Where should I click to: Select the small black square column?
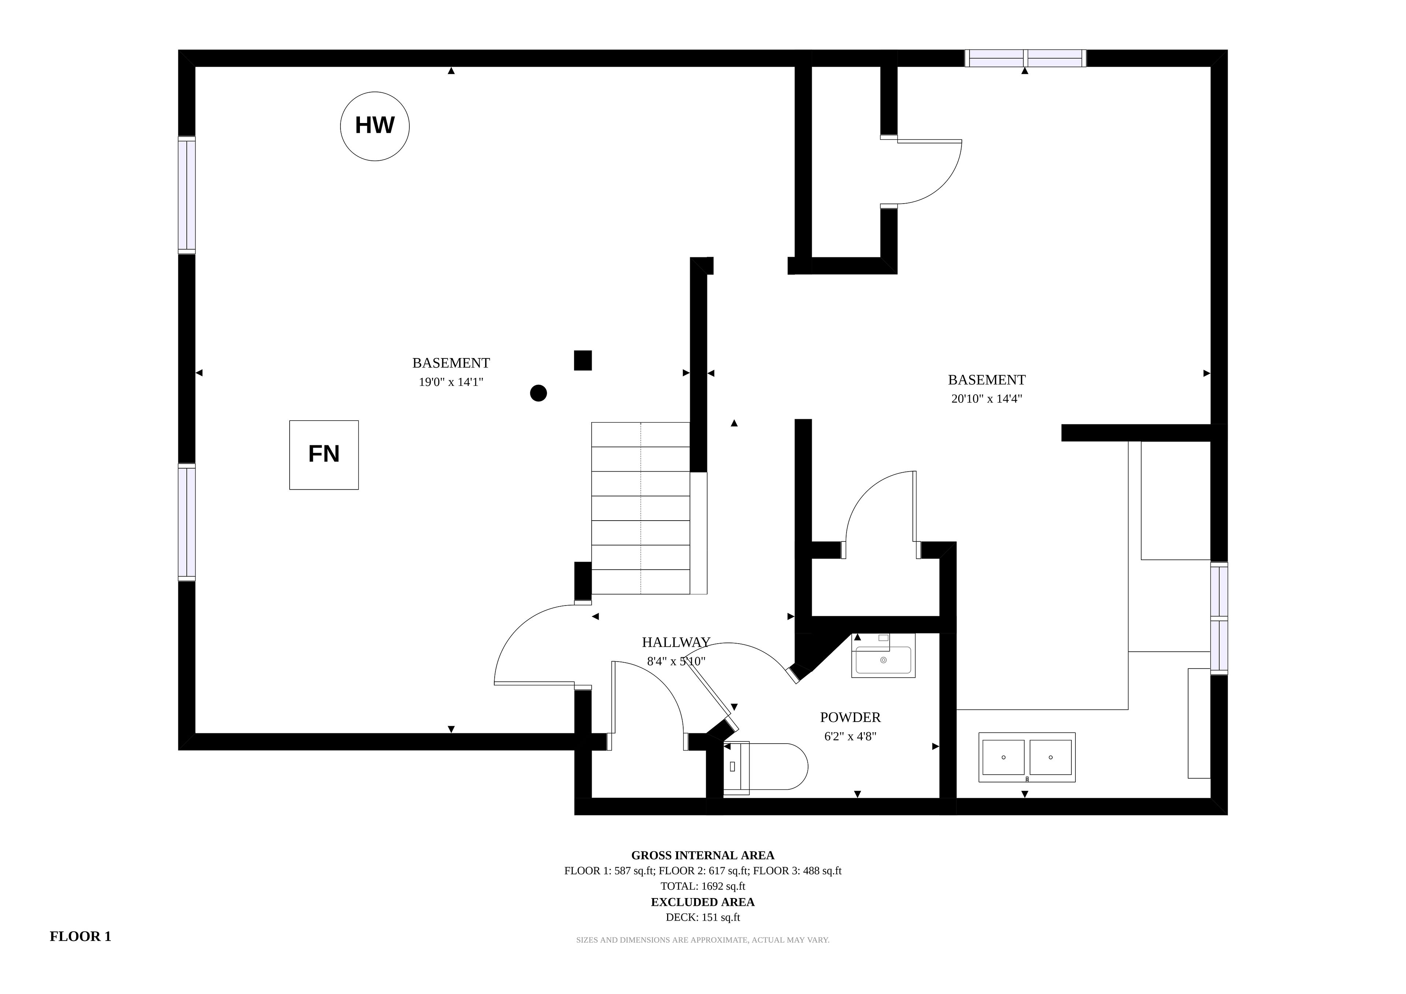(583, 360)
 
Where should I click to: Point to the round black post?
(538, 393)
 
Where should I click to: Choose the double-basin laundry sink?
(1027, 757)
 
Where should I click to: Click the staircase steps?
(640, 508)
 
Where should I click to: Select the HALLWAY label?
(676, 643)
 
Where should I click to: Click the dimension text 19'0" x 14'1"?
(451, 382)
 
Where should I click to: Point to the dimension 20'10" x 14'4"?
(986, 399)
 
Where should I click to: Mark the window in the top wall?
(1026, 58)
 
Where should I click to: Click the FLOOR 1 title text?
(80, 937)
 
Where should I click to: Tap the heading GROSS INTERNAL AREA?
(703, 856)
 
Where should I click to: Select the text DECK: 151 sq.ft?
(703, 917)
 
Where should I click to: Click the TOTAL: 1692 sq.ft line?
(703, 886)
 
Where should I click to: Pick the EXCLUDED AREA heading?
(703, 902)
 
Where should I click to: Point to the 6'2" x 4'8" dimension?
(851, 737)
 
